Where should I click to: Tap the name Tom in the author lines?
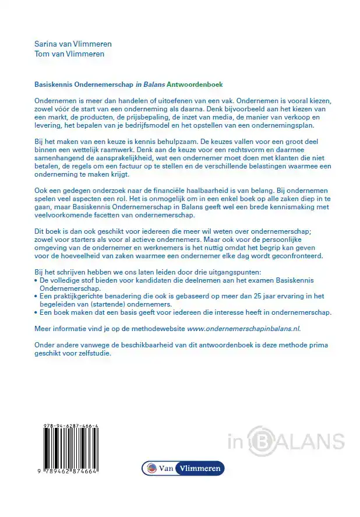coord(43,54)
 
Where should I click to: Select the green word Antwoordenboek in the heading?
coord(195,85)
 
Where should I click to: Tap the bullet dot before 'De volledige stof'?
coord(37,280)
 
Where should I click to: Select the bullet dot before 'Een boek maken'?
coord(37,313)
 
